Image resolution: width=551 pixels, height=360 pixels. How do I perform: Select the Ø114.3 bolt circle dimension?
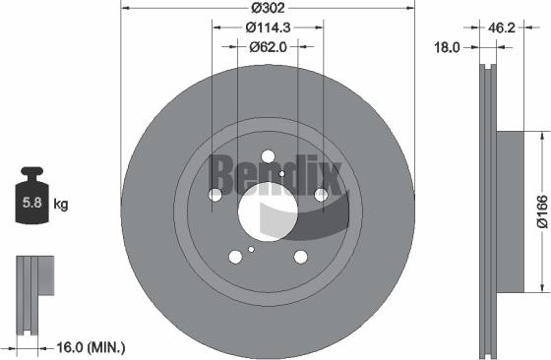268,27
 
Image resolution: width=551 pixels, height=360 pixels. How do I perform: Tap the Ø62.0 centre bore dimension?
268,45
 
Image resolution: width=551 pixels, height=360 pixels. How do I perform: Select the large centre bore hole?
268,209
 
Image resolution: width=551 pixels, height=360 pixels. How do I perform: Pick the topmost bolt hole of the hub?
268,155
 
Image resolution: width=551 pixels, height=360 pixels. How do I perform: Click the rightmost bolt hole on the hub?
321,196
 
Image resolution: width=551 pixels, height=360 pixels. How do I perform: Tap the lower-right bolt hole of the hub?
300,257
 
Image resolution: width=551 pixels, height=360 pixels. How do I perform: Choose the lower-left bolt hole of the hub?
235,257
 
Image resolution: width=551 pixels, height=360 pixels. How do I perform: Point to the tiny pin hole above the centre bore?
281,174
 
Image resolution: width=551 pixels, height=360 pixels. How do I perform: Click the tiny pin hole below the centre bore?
253,249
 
